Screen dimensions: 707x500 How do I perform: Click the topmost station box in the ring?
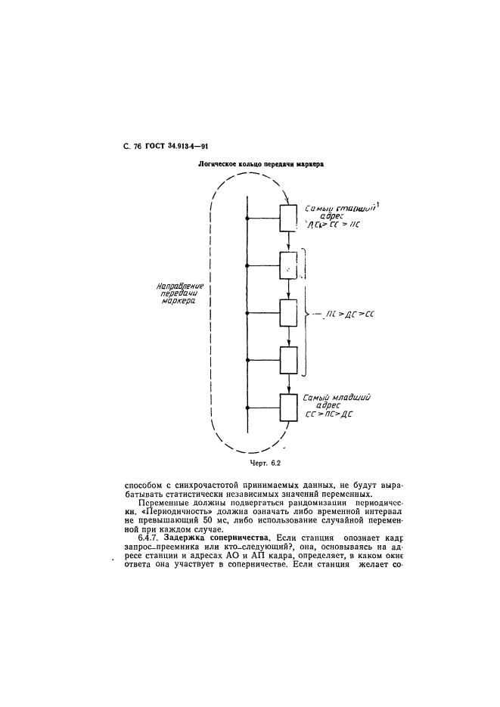click(x=289, y=219)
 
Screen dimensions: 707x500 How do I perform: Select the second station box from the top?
click(x=289, y=265)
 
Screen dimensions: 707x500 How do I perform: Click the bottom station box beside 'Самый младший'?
click(x=289, y=408)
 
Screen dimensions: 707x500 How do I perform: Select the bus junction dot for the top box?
click(x=247, y=219)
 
